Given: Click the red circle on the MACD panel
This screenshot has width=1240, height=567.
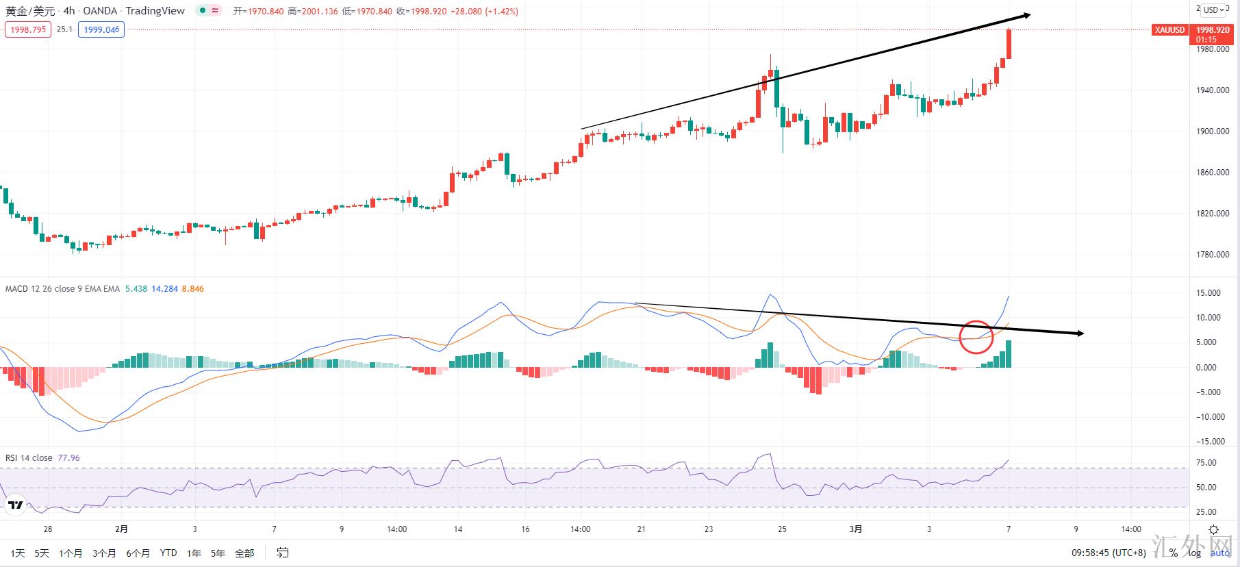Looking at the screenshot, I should [976, 336].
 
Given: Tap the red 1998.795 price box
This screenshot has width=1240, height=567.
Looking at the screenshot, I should [27, 29].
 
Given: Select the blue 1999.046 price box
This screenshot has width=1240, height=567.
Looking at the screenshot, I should [101, 29].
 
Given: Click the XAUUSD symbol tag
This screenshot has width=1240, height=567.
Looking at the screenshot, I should [1169, 30].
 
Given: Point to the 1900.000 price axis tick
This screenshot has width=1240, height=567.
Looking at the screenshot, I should [1213, 131].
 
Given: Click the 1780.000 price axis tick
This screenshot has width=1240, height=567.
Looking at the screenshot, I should [1213, 255].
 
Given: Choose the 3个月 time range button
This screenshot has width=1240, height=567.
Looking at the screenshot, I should [104, 553].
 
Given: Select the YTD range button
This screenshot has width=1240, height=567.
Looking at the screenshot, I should [168, 553].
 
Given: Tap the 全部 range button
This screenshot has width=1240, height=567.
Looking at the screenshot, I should [244, 553].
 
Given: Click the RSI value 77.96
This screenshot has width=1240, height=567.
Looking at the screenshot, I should [68, 458].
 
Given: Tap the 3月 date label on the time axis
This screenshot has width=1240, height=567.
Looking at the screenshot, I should [855, 529].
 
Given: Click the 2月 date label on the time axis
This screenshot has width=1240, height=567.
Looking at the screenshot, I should [121, 529].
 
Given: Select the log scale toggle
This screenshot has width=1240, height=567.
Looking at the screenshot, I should [1194, 553].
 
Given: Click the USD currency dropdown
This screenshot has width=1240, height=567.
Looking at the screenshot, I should [1215, 10].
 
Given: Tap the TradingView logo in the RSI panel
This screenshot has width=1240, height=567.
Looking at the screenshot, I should [15, 506].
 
